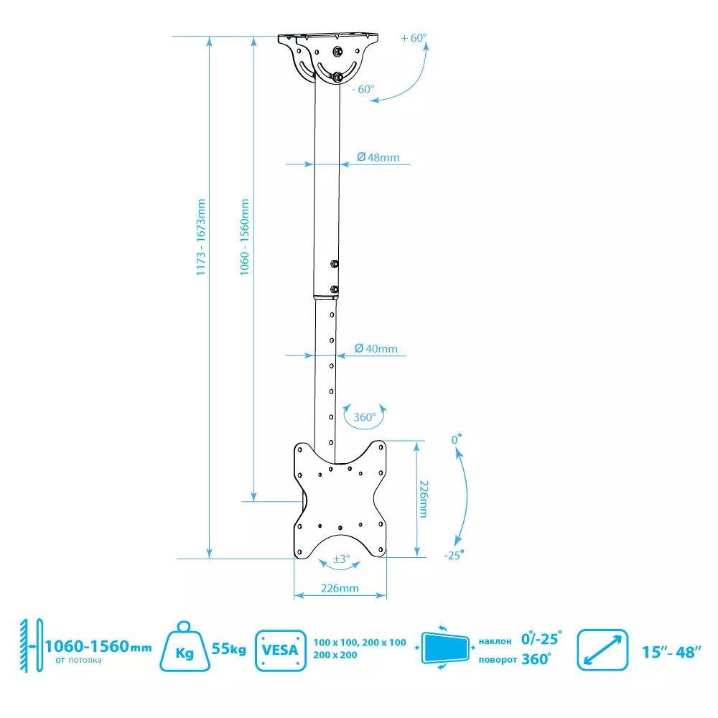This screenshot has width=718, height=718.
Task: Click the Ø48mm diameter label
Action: click(x=378, y=157)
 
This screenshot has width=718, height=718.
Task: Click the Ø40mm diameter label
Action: click(x=376, y=348)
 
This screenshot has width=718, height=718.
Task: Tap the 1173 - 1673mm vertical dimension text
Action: click(x=200, y=237)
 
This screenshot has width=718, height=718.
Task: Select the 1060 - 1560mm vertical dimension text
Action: click(x=245, y=237)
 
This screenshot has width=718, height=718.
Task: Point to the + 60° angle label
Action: click(x=414, y=38)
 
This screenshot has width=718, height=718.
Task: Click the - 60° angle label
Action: click(x=363, y=89)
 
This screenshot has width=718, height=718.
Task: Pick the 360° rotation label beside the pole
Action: click(x=365, y=417)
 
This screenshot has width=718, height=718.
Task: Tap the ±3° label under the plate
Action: click(x=341, y=559)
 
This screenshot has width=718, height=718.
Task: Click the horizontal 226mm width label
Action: click(x=340, y=588)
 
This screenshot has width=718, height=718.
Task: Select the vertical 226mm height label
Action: click(x=424, y=499)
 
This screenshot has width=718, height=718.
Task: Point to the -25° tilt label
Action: click(x=454, y=556)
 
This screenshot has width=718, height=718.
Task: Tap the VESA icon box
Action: click(x=280, y=651)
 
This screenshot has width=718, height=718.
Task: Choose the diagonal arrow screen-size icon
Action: click(x=602, y=650)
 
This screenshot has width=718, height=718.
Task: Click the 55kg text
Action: click(x=229, y=649)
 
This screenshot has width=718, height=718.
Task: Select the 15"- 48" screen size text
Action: click(x=671, y=652)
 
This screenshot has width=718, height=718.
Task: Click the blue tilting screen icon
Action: click(x=444, y=648)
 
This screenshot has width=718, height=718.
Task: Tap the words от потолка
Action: click(x=78, y=661)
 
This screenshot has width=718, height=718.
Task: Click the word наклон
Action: click(x=495, y=641)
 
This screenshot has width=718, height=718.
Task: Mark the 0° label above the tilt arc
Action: click(x=456, y=439)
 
